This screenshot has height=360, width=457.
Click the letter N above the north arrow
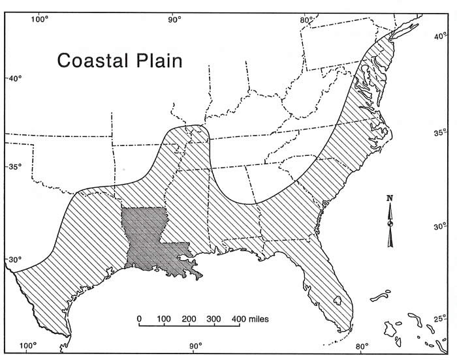point(390,198)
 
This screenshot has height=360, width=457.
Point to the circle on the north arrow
point(390,224)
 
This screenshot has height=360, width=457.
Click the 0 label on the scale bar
point(139,319)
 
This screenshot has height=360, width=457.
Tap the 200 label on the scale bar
point(188,319)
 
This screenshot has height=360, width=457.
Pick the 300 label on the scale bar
point(213,319)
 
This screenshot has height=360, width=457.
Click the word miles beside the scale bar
point(259,319)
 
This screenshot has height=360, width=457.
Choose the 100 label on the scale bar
point(163,319)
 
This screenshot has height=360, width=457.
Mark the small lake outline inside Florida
point(338,301)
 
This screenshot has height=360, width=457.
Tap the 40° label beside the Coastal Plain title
point(14,79)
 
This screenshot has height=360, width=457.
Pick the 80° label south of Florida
point(362,346)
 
